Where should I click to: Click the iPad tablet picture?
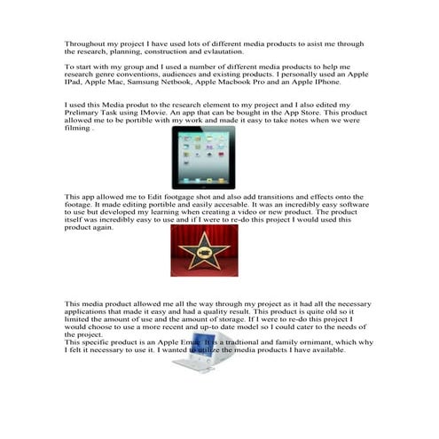point(202,157)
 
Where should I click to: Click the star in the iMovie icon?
point(203,249)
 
